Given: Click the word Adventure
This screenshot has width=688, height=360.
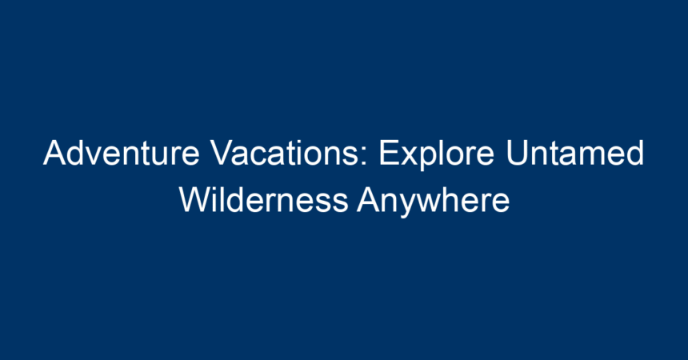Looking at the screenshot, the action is (121, 153).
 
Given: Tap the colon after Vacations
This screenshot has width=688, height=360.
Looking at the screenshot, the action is (365, 157).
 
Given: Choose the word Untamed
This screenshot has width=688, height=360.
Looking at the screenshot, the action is (575, 153).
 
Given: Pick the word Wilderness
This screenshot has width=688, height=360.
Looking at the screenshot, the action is (264, 200).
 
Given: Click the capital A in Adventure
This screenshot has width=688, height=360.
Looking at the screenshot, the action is (55, 153).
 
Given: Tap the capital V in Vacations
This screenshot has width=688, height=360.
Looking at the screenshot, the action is (222, 153).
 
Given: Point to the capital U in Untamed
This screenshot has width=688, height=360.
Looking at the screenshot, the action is (517, 153).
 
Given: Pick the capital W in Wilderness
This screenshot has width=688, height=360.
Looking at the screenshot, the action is (195, 200).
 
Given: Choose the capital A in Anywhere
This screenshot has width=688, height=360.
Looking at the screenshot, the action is (369, 200).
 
